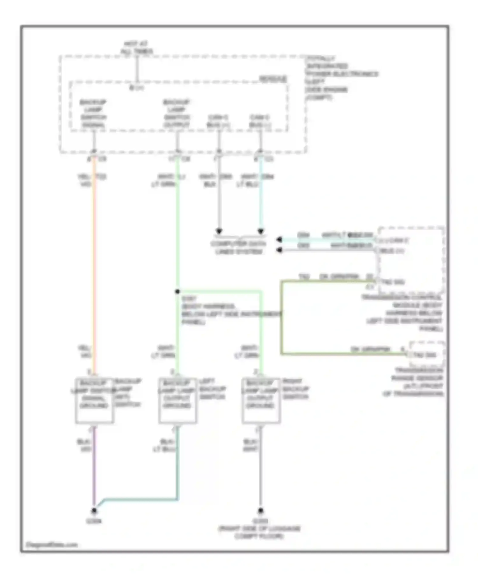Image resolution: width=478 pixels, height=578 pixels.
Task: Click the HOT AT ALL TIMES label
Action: [137, 47]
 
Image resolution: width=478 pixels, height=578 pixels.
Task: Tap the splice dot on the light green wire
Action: [177, 291]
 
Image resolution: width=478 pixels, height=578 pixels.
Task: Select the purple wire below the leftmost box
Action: [94, 468]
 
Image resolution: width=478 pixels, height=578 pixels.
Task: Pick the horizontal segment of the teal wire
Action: [140, 499]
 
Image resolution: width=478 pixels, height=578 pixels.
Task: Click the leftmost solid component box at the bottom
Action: [94, 401]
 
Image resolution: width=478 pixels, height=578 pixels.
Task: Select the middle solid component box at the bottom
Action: [177, 401]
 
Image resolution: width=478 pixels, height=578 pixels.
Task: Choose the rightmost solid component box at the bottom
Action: [261, 401]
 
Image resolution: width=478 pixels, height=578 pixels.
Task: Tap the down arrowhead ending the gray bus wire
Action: [219, 231]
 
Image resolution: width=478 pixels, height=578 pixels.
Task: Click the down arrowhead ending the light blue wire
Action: [261, 231]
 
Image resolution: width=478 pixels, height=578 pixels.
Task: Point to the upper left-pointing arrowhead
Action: [279, 240]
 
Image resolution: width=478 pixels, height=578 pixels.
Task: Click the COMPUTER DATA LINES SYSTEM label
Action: [238, 248]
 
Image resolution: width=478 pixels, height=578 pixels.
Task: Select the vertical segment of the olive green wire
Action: [282, 317]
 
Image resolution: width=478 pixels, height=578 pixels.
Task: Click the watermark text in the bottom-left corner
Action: [52, 545]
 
